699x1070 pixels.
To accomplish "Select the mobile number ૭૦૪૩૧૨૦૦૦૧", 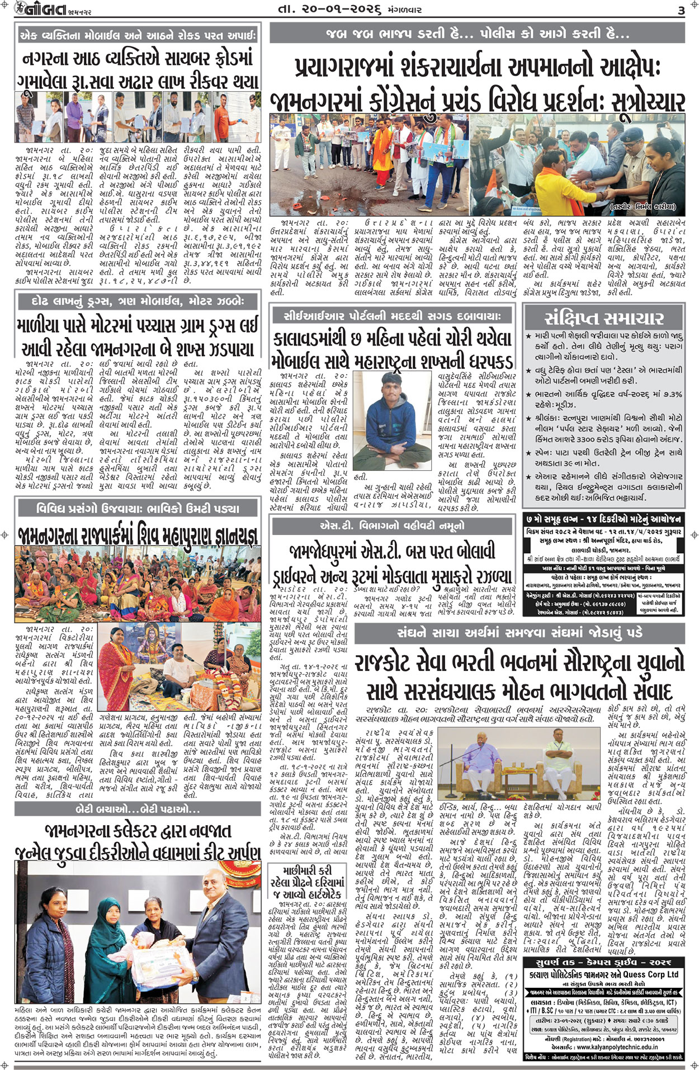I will [658, 1039].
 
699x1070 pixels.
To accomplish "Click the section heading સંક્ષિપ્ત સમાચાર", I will [604, 319].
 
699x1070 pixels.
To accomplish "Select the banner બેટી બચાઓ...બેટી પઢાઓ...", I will [138, 809].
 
